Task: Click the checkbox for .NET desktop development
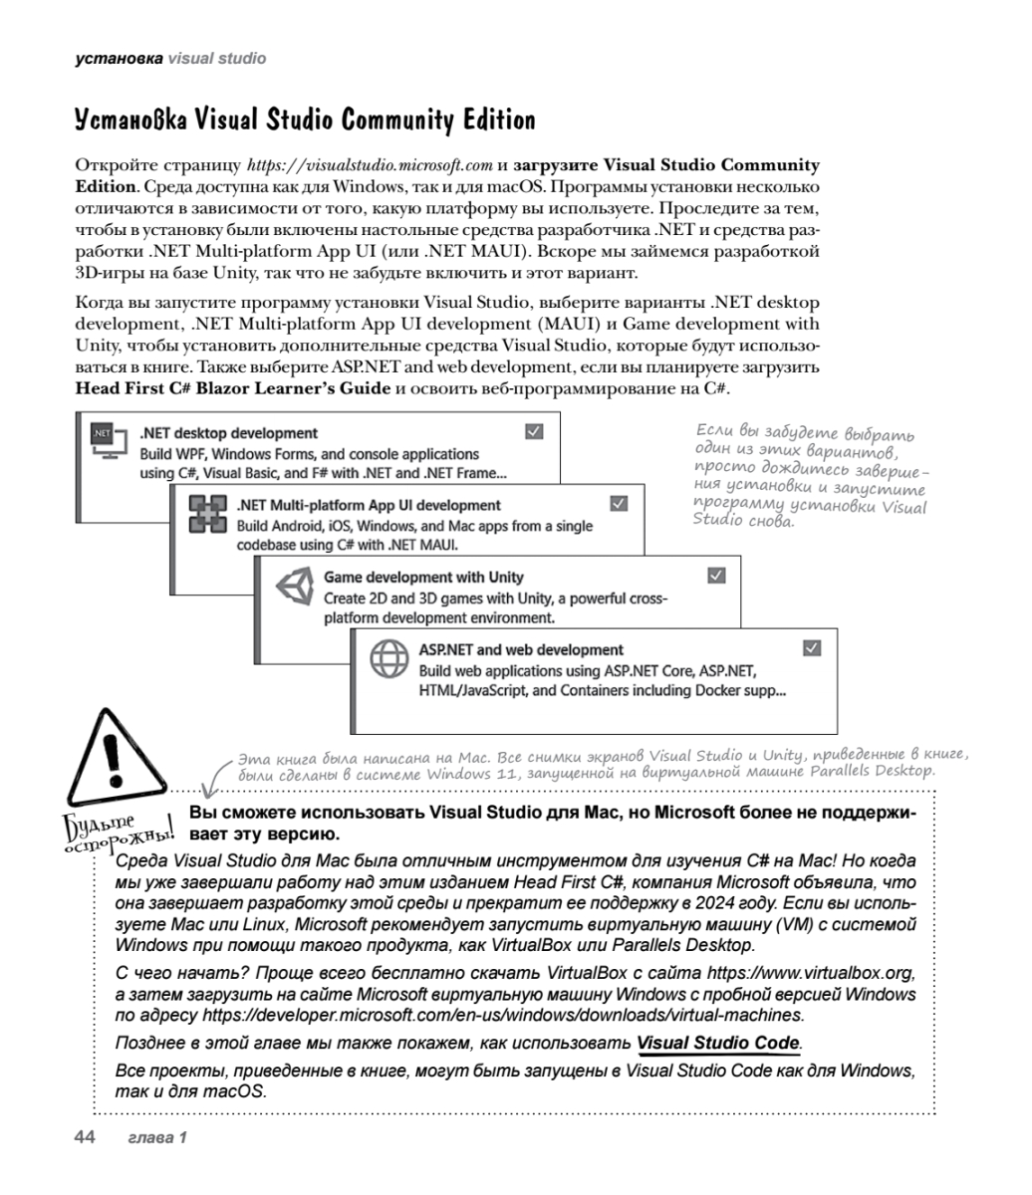click(533, 431)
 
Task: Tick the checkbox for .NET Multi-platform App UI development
click(619, 504)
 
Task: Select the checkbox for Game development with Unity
click(715, 576)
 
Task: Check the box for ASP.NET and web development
click(812, 648)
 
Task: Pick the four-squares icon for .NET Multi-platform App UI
click(206, 515)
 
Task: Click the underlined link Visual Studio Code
click(718, 1042)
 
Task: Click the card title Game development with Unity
click(423, 577)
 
